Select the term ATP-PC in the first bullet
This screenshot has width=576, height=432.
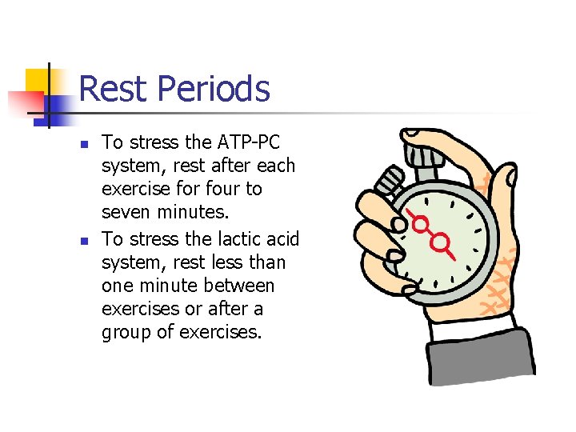pyautogui.click(x=249, y=143)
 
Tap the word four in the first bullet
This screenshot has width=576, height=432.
pyautogui.click(x=222, y=190)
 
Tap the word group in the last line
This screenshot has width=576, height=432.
pyautogui.click(x=126, y=332)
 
